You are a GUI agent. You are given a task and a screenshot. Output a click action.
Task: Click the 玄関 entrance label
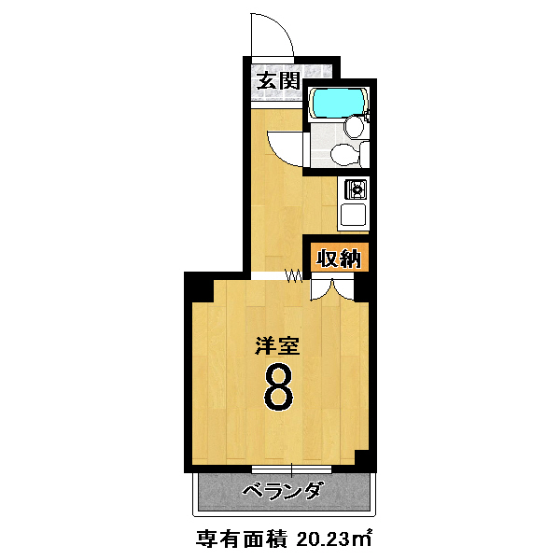278,80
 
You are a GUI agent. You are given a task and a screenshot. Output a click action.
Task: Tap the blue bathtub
339,102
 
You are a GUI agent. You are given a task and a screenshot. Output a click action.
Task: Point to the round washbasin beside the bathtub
354,126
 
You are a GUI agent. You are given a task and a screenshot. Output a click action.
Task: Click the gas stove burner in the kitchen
356,189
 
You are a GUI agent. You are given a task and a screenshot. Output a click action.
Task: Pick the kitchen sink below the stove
353,215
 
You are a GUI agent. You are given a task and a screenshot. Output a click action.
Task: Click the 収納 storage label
340,259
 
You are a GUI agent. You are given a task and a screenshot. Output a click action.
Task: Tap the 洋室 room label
277,345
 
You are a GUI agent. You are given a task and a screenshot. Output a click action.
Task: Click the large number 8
278,387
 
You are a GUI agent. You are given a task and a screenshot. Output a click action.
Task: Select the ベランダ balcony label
285,492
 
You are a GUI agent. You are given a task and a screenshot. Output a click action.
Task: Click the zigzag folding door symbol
294,275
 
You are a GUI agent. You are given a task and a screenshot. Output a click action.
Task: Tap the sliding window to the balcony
291,469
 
